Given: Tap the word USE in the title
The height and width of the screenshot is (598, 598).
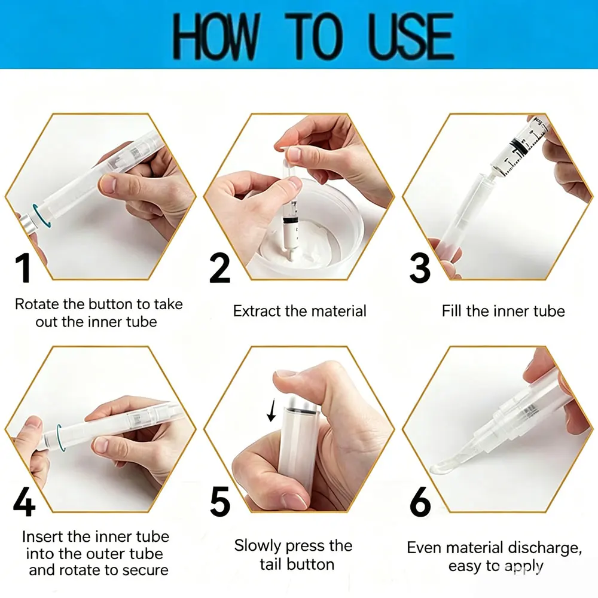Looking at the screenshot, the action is (411, 36).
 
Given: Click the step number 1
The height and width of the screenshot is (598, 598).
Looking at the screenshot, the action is (23, 268).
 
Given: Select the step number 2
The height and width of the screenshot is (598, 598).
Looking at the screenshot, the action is (219, 268).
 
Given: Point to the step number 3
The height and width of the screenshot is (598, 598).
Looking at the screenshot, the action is (420, 268).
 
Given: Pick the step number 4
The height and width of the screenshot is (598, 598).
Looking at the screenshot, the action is (24, 501).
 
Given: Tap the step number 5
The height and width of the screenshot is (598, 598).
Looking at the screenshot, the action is (220, 501).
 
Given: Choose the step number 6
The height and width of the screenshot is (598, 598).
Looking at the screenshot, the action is (420, 501).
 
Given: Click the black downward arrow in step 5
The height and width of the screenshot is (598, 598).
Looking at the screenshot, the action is (271, 410).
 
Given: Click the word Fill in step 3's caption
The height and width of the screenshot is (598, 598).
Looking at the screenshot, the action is (452, 311).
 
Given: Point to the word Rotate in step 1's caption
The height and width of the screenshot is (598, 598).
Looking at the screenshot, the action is (37, 304).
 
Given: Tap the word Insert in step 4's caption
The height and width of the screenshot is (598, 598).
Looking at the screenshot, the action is (43, 536).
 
